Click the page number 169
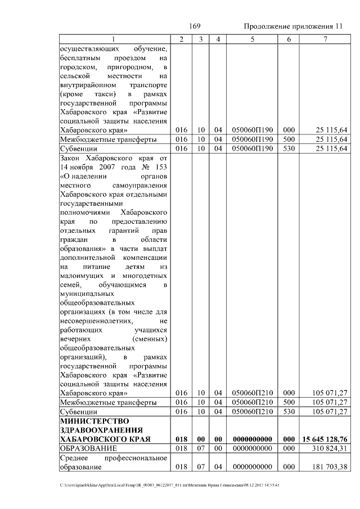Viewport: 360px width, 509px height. (195, 26)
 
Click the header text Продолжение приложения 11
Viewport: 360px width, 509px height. (293, 27)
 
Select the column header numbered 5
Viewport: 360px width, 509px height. (253, 39)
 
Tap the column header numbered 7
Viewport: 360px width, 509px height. (325, 39)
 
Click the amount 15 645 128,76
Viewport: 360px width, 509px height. (325, 439)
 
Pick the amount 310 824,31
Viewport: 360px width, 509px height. (328, 448)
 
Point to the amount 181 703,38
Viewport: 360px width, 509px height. (328, 467)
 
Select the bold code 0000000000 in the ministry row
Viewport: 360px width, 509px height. (253, 439)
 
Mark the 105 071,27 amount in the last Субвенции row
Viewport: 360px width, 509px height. (328, 412)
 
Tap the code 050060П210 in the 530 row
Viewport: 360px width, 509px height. (253, 412)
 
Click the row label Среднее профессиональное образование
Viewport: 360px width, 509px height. (113, 462)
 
